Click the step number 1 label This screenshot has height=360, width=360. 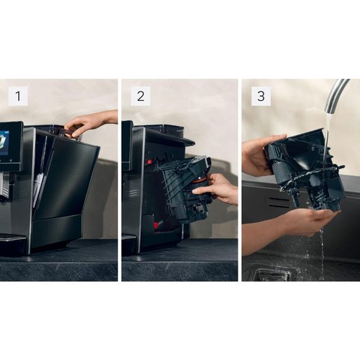pyautogui.click(x=18, y=96)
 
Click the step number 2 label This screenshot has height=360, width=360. pyautogui.click(x=140, y=96)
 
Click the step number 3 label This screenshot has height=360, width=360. pyautogui.click(x=261, y=96)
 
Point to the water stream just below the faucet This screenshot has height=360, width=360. pyautogui.click(x=326, y=126)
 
